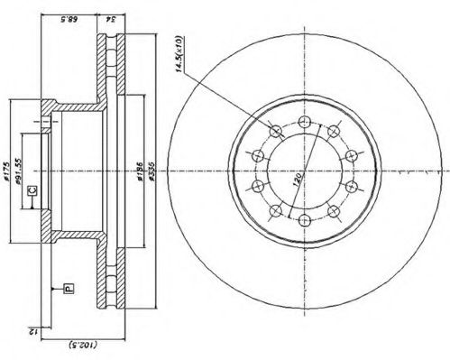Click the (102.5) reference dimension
pyautogui.click(x=82, y=344)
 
